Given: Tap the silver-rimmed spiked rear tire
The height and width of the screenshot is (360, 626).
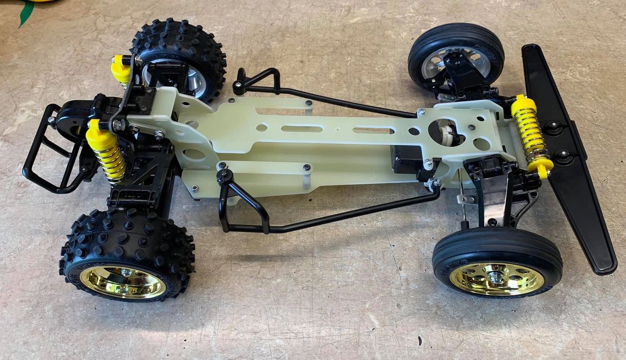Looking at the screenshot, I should click(x=180, y=57).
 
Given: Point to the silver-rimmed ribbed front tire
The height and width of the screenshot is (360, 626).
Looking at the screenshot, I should click(x=456, y=52).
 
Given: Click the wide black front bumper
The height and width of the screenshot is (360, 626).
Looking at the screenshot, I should click(x=569, y=157).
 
